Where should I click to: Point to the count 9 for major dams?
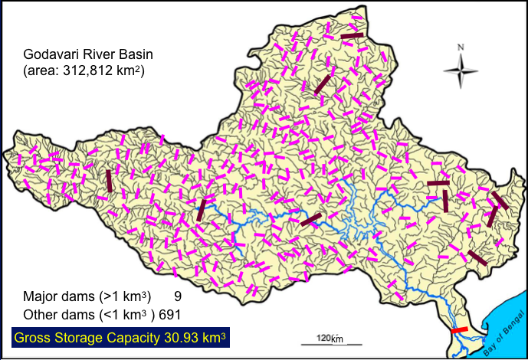(x=177, y=296)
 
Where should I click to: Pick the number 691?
(x=169, y=313)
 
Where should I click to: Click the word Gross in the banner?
(x=34, y=336)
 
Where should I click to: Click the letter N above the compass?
(x=461, y=47)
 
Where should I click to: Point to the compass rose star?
(x=461, y=74)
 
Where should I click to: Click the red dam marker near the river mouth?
(x=459, y=329)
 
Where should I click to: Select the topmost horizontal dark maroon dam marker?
(x=353, y=35)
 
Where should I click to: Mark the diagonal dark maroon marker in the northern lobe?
(x=323, y=84)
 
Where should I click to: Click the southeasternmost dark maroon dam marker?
(x=477, y=258)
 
